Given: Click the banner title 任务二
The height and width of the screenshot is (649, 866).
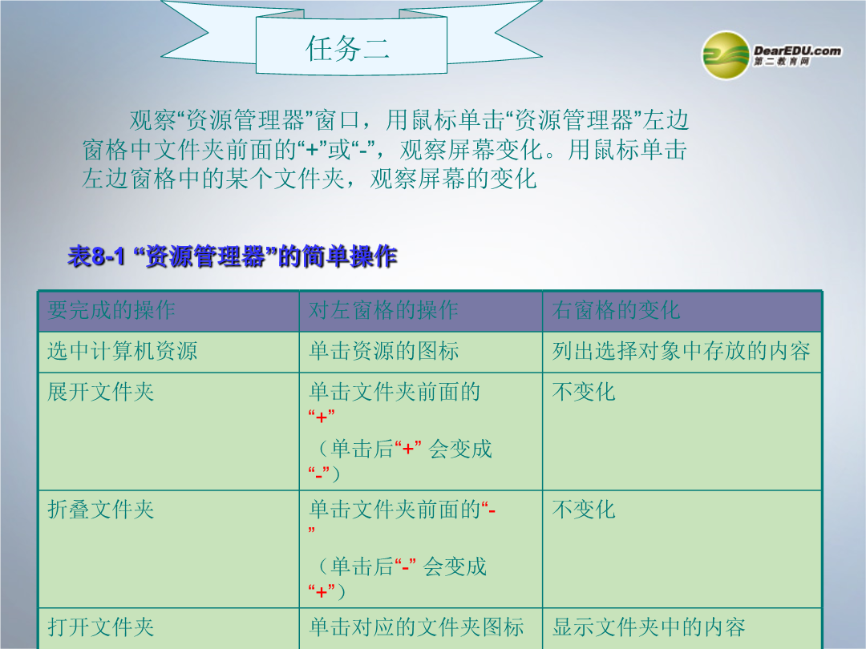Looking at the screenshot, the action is coord(348,48).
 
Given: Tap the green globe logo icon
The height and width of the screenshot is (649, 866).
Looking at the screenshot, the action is coord(726,55).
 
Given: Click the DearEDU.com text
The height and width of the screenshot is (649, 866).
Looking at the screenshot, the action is coord(798,50).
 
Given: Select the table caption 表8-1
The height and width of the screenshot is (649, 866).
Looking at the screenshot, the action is coord(97,256).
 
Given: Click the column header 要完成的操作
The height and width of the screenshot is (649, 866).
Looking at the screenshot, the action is coord(111,310).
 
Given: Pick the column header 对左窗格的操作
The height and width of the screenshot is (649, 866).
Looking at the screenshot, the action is coord(383,310).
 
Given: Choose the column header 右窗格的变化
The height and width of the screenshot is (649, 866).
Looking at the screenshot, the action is coord(616,310).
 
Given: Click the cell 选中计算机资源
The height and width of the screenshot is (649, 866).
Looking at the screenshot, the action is coord(122,351).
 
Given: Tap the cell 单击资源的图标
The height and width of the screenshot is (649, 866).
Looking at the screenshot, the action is coord(384,351).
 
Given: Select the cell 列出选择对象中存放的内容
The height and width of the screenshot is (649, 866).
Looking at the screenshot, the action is coord(681,351).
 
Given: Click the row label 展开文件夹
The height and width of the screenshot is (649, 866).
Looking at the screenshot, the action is coord(100,392).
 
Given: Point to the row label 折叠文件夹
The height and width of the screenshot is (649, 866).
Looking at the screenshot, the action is coord(100,510).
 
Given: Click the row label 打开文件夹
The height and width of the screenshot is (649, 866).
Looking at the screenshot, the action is coord(100,627).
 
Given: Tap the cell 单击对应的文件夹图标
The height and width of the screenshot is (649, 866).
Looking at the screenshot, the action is coord(416,627).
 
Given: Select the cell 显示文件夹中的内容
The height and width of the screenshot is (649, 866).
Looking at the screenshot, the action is coord(649,627).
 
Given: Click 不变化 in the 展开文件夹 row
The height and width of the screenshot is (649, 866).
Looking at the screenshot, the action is coord(584,392).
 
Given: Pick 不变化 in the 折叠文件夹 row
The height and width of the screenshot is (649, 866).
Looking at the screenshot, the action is coord(584,510).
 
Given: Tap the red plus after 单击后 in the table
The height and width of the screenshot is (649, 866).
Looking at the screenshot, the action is coord(408,449).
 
